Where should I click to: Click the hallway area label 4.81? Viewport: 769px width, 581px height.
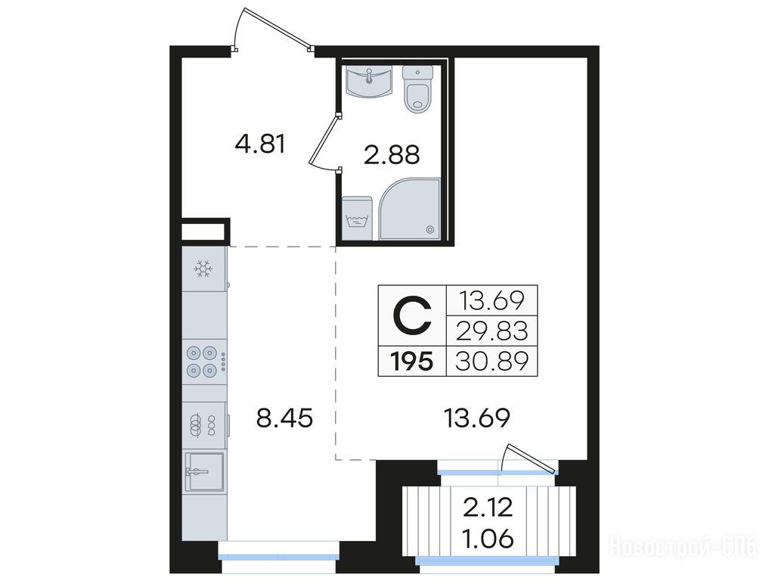click(260, 144)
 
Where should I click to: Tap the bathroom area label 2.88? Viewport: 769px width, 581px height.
click(392, 155)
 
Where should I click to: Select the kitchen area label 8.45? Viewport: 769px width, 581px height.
click(285, 418)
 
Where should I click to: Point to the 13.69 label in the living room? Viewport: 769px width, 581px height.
click(476, 418)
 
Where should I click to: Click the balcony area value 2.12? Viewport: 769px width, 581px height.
click(488, 507)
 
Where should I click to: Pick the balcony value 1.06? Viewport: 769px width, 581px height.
click(488, 539)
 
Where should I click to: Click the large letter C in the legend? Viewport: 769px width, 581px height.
click(413, 316)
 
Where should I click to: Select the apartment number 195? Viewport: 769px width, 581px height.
click(412, 362)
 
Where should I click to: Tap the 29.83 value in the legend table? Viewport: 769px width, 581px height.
click(492, 331)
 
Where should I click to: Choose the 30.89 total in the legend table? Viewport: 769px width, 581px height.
click(492, 362)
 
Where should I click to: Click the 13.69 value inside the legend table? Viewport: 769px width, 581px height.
click(492, 300)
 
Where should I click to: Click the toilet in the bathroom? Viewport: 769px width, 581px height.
click(418, 89)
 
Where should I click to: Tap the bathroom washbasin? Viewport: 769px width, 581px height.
click(369, 81)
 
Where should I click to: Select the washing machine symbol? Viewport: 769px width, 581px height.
click(357, 219)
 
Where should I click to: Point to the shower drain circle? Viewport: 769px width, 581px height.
click(430, 228)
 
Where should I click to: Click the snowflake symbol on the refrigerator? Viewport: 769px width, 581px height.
click(202, 269)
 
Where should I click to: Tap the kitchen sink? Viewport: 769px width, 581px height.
click(204, 471)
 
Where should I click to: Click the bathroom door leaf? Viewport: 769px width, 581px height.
click(324, 141)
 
